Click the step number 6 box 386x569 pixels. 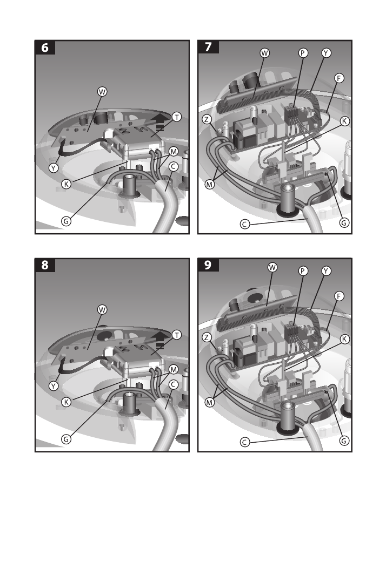(45, 48)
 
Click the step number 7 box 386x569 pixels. (208, 47)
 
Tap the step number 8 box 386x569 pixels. (45, 265)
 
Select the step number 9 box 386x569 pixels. (208, 265)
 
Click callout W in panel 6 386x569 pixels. (103, 92)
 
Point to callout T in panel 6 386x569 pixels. (177, 117)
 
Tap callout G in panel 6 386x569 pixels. (66, 221)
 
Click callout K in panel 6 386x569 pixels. (66, 184)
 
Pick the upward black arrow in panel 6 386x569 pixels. (159, 123)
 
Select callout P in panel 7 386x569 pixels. (303, 53)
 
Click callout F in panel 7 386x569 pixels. (339, 78)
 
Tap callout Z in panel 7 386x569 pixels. (207, 119)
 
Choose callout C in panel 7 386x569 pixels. (245, 224)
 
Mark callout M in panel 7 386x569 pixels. (210, 184)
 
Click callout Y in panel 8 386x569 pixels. (54, 386)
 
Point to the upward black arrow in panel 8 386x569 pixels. (159, 340)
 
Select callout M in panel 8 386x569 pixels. (174, 369)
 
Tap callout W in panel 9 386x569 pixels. (272, 267)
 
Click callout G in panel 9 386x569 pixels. (344, 441)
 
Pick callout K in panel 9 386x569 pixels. (344, 339)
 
